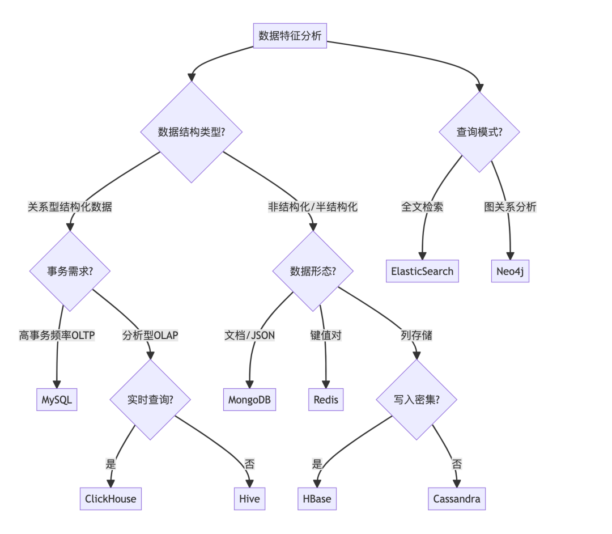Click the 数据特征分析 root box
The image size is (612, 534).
pos(290,36)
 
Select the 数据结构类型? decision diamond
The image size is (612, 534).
pos(192,132)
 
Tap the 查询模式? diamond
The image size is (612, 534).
pos(479,132)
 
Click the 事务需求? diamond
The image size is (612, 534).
pos(70,271)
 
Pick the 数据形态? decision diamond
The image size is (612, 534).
pos(313,271)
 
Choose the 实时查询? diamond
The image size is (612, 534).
pos(150,399)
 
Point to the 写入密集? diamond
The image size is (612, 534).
pos(416,399)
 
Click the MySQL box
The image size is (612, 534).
pos(57,399)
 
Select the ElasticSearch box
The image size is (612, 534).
pos(422,271)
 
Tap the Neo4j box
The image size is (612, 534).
pos(510,271)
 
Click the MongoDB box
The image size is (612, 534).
pos(249,399)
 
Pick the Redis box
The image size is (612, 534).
pos(326,399)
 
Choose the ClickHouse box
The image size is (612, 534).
pos(111,498)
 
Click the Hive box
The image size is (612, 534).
pos(249,498)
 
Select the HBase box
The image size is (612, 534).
pos(317,498)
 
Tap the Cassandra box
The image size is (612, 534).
pos(457,498)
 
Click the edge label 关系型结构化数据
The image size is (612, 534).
pos(70,207)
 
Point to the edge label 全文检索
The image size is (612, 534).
pos(422,207)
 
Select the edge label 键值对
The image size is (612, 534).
pos(326,336)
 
